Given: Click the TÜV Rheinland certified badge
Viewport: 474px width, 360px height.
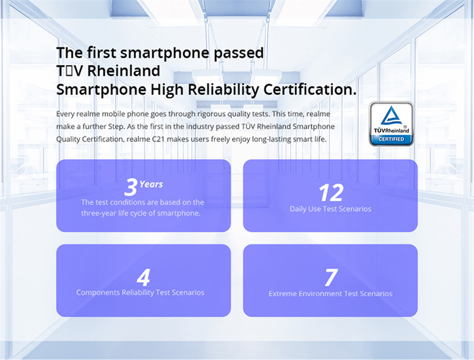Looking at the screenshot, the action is pyautogui.click(x=391, y=124).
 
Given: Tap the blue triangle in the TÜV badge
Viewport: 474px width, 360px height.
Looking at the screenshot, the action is pyautogui.click(x=391, y=116).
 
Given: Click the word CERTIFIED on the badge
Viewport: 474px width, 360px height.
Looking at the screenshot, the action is pyautogui.click(x=391, y=139).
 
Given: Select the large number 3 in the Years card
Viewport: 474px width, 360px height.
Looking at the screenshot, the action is pyautogui.click(x=131, y=187).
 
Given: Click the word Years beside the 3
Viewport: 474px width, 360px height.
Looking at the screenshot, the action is pyautogui.click(x=151, y=184).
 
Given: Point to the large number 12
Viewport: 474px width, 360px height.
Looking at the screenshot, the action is pyautogui.click(x=331, y=193).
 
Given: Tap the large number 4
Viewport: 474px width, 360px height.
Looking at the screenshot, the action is pyautogui.click(x=143, y=277).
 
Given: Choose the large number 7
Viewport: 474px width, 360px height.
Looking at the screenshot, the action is pyautogui.click(x=331, y=277).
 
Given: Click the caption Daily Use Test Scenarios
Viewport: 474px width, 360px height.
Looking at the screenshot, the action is pyautogui.click(x=331, y=209).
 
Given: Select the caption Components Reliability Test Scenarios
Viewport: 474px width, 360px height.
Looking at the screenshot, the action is pyautogui.click(x=140, y=292).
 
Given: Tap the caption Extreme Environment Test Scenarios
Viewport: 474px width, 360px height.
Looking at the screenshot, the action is pyautogui.click(x=331, y=294).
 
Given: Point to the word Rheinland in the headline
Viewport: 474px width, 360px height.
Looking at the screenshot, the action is pyautogui.click(x=124, y=71).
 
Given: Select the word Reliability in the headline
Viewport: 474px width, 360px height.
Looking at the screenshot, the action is pyautogui.click(x=223, y=90).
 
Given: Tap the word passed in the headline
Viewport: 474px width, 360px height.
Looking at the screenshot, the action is pyautogui.click(x=238, y=53).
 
